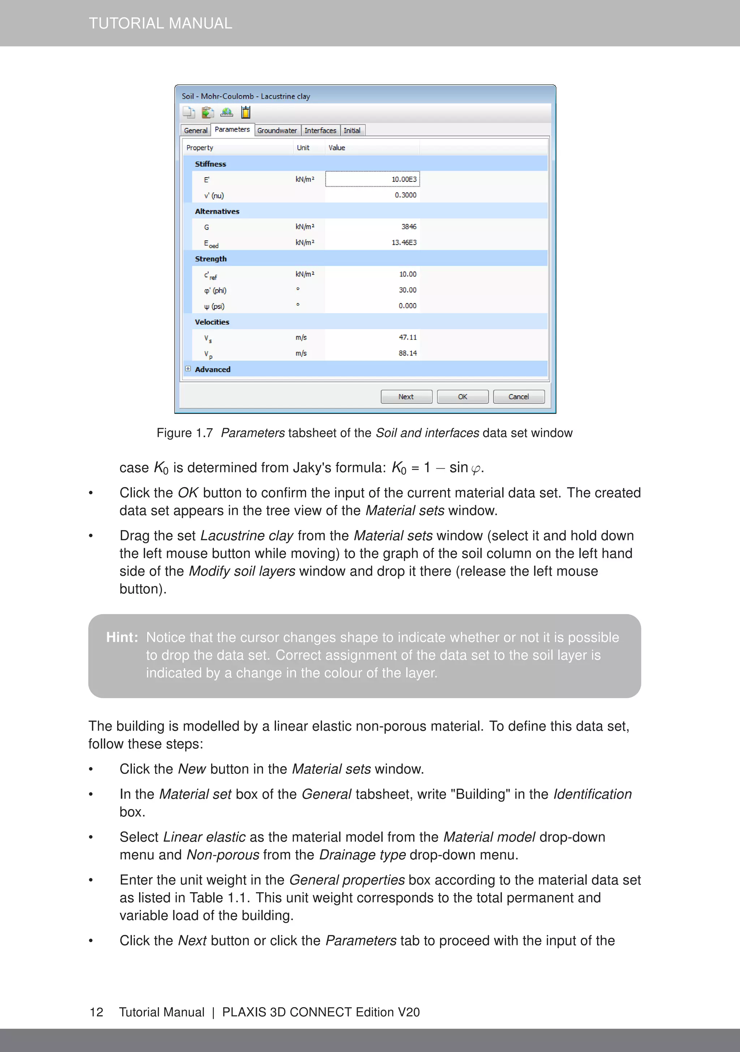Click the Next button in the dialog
click(406, 397)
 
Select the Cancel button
click(519, 397)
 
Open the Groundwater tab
click(277, 131)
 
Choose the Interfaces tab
click(320, 131)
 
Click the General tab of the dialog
click(195, 131)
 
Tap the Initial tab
click(352, 131)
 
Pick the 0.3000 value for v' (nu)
click(405, 195)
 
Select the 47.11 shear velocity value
click(408, 338)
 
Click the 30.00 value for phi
click(407, 290)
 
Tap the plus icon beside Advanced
click(188, 369)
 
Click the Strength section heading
click(211, 259)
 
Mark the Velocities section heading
click(212, 322)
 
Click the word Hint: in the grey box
click(122, 637)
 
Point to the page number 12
click(96, 1012)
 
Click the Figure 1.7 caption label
click(185, 433)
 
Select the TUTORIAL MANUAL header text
click(160, 24)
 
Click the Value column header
click(337, 148)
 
